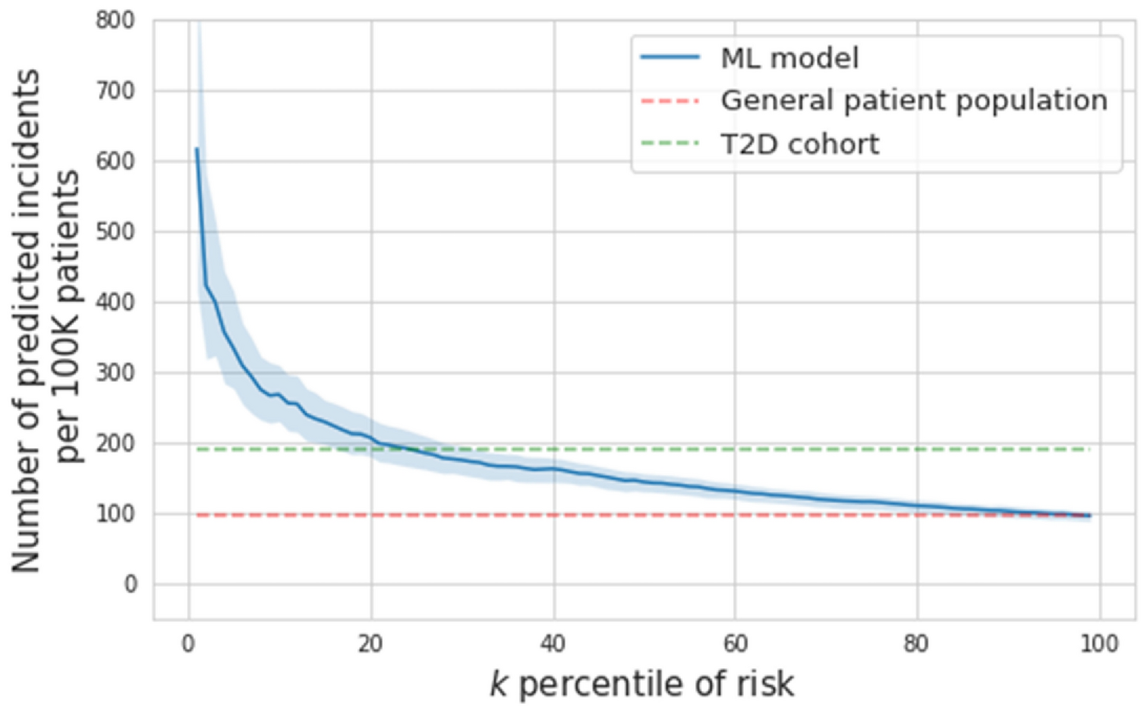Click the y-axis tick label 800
[x=115, y=20]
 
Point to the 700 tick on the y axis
[x=115, y=91]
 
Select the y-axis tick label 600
[x=115, y=162]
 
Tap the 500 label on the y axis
[x=115, y=232]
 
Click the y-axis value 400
[x=115, y=303]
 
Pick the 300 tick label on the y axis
[x=115, y=373]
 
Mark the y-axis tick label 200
[x=115, y=444]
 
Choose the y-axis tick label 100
[x=115, y=514]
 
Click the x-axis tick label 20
[x=370, y=644]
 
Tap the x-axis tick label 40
[x=553, y=644]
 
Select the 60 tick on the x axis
[x=735, y=644]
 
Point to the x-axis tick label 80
[x=916, y=644]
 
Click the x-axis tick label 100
[x=1098, y=644]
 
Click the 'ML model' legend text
[x=789, y=58]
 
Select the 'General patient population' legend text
[x=914, y=101]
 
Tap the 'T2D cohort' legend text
[x=800, y=144]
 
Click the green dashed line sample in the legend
[x=670, y=143]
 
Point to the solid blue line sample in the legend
[x=670, y=58]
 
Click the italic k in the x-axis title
[x=498, y=684]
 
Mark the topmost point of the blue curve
[x=197, y=149]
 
